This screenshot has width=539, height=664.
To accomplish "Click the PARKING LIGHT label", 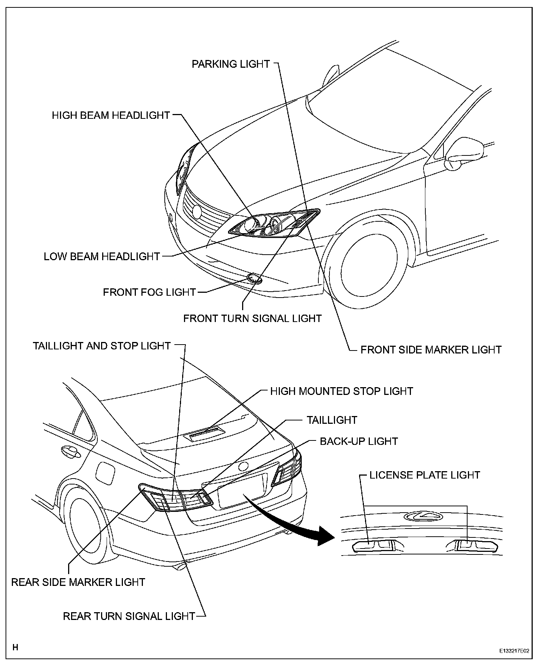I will coord(231,64).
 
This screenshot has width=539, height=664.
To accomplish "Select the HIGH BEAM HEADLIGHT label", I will coord(111,115).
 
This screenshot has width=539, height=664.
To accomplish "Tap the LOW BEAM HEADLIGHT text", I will coord(102,256).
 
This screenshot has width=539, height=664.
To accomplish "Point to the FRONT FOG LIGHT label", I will coord(149,292).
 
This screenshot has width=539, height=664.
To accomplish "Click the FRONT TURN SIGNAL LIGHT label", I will coord(252,318).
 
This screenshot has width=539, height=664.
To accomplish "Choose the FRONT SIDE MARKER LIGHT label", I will coord(431,350).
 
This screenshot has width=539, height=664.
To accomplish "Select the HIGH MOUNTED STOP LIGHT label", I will coord(341,391).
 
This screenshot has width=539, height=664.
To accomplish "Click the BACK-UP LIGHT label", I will coord(359,441).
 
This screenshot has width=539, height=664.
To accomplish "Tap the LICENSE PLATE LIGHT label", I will coord(425,475).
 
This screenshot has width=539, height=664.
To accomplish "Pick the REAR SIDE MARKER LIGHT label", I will coord(78,582).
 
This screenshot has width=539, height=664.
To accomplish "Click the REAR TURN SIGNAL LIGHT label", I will coord(129,616).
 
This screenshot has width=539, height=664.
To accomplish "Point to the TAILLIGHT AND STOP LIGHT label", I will coord(102,346).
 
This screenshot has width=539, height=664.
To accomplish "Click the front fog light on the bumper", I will coord(254,278).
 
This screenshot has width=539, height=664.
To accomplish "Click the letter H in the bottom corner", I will coord(16,647).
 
